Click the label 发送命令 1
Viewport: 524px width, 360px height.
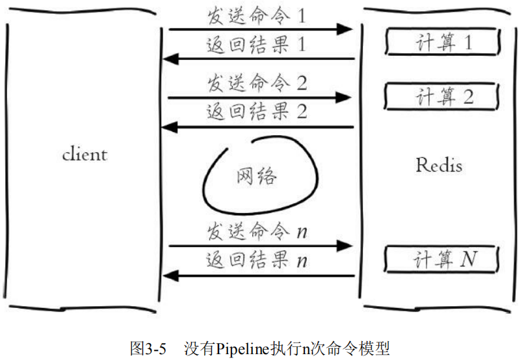pos(255,16)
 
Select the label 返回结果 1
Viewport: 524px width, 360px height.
pos(255,45)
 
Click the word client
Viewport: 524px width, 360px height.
pos(85,155)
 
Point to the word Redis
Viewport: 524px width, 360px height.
pos(439,165)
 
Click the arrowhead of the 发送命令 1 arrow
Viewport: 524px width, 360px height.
pos(345,29)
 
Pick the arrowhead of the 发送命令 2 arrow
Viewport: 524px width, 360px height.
pos(345,97)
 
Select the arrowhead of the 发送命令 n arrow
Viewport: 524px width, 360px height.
pos(345,246)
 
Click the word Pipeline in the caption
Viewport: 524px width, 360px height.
pos(243,348)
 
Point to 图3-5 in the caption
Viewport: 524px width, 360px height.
pos(150,348)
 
